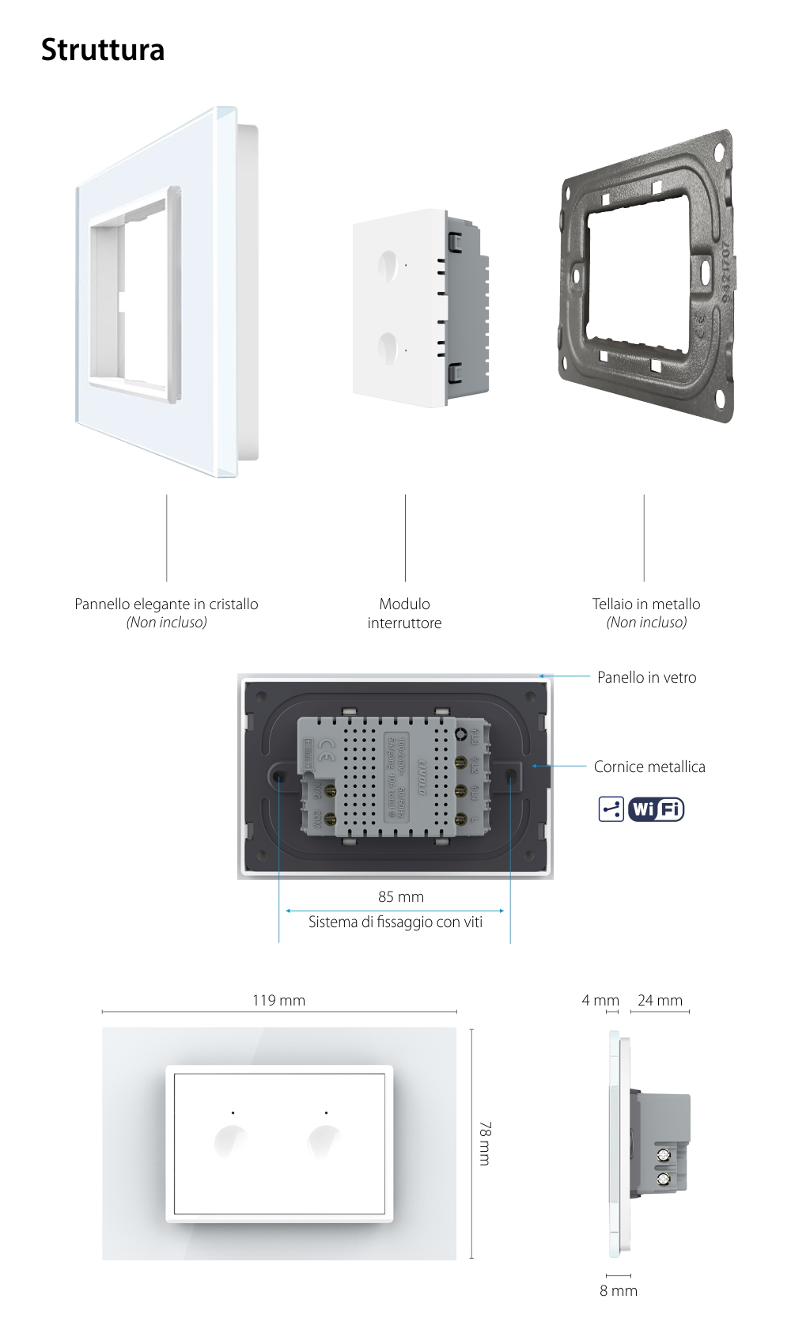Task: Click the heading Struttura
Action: (103, 50)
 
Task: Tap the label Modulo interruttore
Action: (404, 613)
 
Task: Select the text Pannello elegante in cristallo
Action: (166, 604)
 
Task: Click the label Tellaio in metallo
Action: (646, 604)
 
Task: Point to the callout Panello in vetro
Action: (646, 677)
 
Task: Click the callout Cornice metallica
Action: (649, 767)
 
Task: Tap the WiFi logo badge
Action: (656, 809)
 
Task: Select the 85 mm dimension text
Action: (401, 896)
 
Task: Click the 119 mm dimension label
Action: (278, 1000)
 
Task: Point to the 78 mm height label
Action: (484, 1143)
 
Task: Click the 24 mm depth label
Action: (660, 1000)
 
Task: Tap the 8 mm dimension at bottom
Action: (619, 1290)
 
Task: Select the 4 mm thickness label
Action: (600, 1000)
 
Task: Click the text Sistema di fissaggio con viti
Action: (395, 922)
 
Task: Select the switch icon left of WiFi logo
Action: (611, 809)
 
